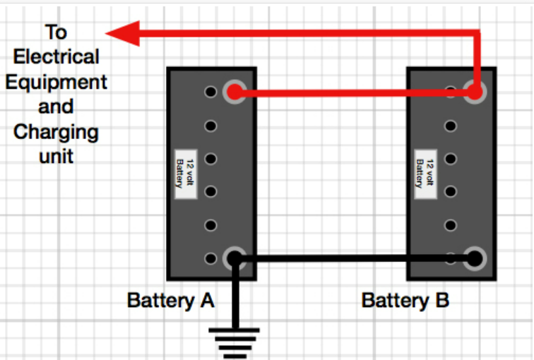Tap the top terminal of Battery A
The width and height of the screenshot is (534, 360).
tap(235, 92)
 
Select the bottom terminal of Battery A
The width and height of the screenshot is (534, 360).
tap(235, 258)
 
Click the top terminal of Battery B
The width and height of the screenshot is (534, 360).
tap(475, 92)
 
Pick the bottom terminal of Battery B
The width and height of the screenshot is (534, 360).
tap(475, 258)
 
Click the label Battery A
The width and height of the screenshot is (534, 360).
tap(171, 300)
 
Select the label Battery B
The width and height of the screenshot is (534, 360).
tap(405, 300)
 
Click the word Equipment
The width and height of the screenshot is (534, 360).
tap(56, 81)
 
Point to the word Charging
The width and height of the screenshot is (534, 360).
tap(56, 131)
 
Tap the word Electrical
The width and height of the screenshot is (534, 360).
tap(56, 56)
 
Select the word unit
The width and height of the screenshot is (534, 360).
tap(56, 155)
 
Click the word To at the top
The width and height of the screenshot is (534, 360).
tap(56, 32)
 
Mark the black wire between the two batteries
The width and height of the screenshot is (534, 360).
tap(353, 259)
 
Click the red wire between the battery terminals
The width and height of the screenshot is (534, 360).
tap(353, 92)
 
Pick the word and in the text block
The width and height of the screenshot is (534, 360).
tap(56, 107)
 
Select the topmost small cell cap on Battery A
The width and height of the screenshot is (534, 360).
tap(210, 92)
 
